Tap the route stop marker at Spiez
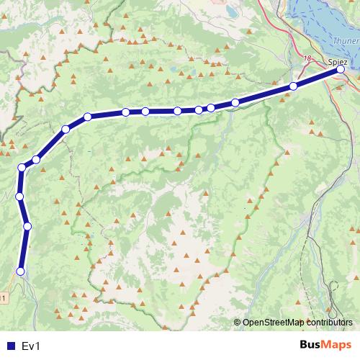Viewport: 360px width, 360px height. point(341,71)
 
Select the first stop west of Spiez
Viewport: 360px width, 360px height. point(293,86)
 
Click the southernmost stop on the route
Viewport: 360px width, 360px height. point(20,271)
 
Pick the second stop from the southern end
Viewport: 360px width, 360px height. point(27,226)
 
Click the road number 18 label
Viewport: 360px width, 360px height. point(307,58)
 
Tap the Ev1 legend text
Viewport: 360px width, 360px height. point(32,346)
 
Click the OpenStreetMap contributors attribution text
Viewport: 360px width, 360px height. point(297,323)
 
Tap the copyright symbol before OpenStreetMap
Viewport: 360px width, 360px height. point(238,323)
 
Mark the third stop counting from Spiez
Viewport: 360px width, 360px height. point(235,103)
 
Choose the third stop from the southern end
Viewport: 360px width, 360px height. point(19,196)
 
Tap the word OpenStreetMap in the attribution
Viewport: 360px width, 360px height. point(275,323)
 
